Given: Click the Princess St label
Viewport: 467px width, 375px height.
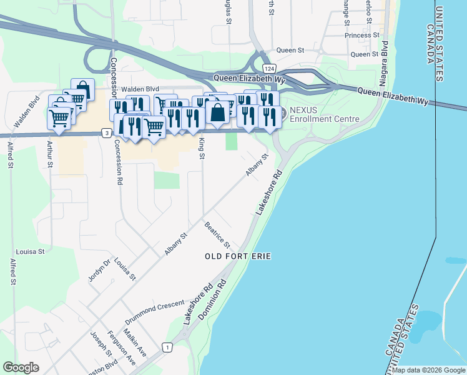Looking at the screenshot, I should pos(362,36).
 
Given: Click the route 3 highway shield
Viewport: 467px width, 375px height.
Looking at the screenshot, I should pos(107,132).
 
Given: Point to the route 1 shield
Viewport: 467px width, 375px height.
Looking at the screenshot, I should pos(167,347).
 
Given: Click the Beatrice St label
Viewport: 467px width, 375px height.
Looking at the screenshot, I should pos(217,234).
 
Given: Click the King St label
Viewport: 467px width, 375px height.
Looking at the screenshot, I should pos(201,149).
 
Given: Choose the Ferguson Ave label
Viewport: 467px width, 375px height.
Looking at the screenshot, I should pos(121,347).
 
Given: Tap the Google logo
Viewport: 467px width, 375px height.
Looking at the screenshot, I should pos(21,367).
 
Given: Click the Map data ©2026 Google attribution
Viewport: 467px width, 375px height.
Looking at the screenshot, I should pos(428,370).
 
